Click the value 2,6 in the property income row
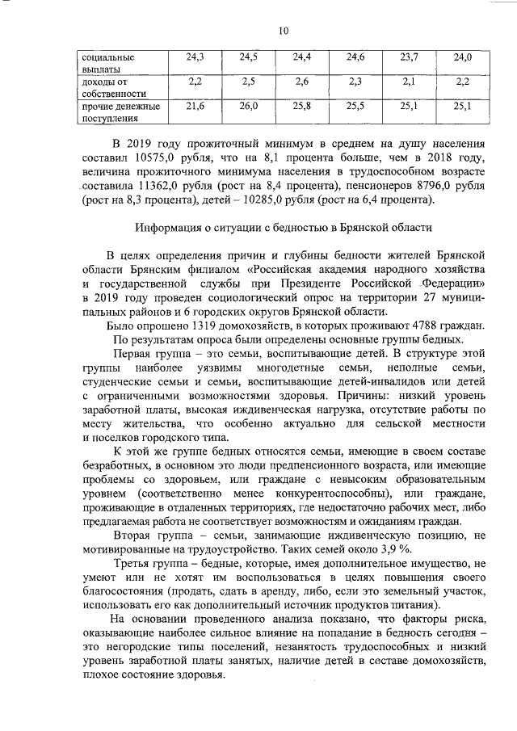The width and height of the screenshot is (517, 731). [302, 82]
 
